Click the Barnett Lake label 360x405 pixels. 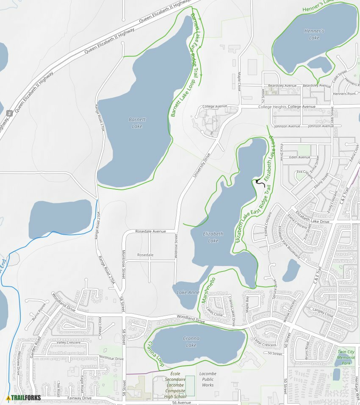pyautogui.click(x=137, y=123)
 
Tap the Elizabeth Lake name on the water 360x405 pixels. pyautogui.click(x=213, y=237)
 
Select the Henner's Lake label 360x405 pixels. pyautogui.click(x=314, y=34)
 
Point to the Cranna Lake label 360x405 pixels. pyautogui.click(x=191, y=342)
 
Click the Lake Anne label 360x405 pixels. pyautogui.click(x=188, y=292)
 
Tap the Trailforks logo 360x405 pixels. pyautogui.click(x=24, y=397)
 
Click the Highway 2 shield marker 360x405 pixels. pyautogui.click(x=9, y=113)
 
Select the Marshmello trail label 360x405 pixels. pyautogui.click(x=209, y=290)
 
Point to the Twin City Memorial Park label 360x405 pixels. pyautogui.click(x=346, y=357)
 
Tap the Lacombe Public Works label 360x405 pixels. pyautogui.click(x=208, y=379)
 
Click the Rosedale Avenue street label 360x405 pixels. pyautogui.click(x=150, y=231)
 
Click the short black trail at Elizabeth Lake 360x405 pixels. pyautogui.click(x=257, y=183)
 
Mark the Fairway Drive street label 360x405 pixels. pyautogui.click(x=79, y=398)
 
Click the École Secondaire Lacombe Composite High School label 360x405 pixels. pyautogui.click(x=175, y=385)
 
